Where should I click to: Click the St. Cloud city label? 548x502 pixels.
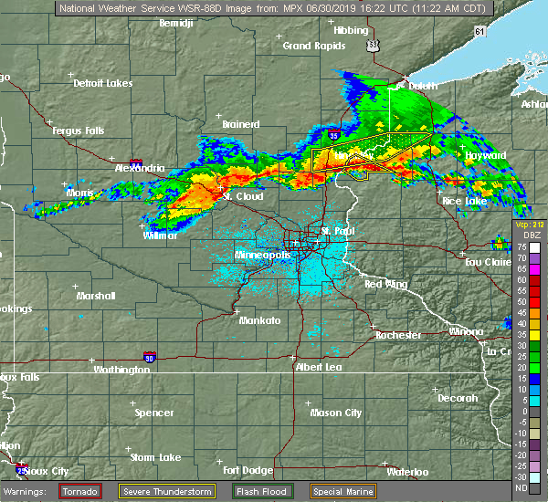pyautogui.click(x=243, y=196)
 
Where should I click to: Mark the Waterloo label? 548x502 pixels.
pyautogui.click(x=408, y=472)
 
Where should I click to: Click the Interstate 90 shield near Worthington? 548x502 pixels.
pyautogui.click(x=149, y=357)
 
